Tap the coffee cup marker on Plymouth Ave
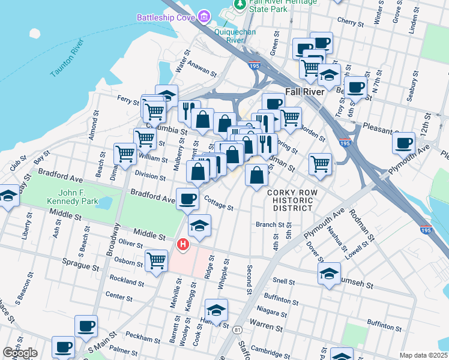click(x=404, y=143)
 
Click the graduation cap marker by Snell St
click(x=330, y=274)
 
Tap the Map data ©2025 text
click(x=423, y=355)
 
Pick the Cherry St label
click(x=347, y=20)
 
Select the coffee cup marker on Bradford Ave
click(x=187, y=198)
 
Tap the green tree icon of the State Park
click(x=240, y=5)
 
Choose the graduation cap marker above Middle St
click(x=200, y=226)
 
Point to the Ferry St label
click(x=128, y=100)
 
